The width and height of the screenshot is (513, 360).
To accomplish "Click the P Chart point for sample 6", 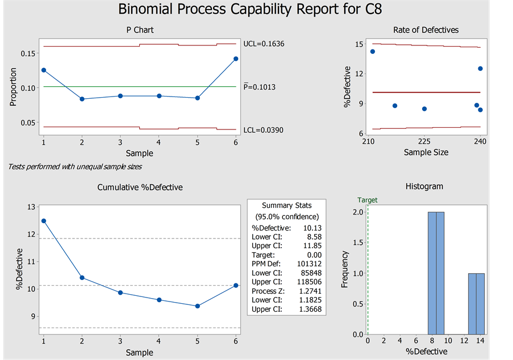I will tap(235, 58).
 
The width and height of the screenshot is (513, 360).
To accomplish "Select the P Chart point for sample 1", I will tap(44, 70).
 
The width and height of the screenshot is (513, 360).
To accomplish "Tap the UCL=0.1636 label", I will tap(264, 44).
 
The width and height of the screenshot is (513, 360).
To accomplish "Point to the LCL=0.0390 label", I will tap(263, 130).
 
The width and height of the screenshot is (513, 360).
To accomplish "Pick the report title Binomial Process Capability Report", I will tap(255, 10).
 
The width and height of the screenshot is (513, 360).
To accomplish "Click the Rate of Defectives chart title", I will tap(426, 30).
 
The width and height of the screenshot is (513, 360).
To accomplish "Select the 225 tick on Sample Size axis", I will tap(424, 141).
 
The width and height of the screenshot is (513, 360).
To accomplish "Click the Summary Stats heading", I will tap(286, 205).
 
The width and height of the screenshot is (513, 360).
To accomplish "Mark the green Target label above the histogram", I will tap(367, 200).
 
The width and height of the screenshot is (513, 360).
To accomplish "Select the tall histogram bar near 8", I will tap(436, 273).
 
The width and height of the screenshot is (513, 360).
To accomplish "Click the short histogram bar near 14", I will tap(476, 303).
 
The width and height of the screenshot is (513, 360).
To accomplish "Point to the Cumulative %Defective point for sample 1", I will tap(44, 221).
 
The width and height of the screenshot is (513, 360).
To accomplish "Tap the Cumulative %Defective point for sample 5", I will tap(197, 306).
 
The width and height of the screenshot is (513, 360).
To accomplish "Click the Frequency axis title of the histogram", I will tap(344, 269).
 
